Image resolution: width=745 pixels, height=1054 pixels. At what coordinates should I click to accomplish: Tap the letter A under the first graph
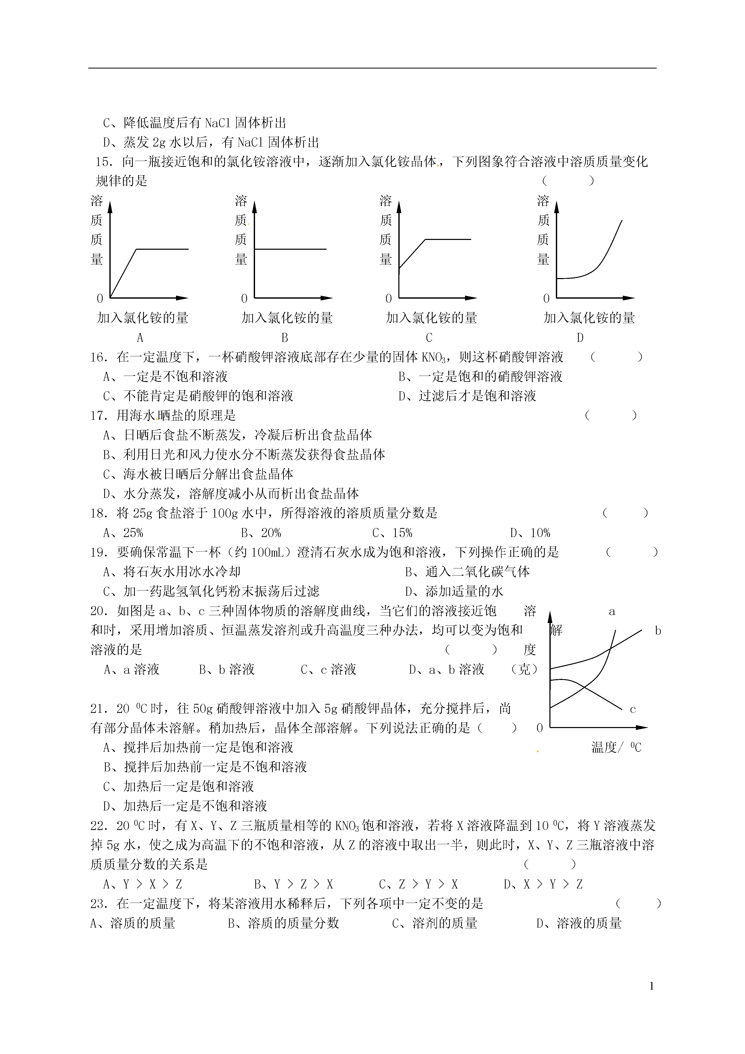click(140, 338)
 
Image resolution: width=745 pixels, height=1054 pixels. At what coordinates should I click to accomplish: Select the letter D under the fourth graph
click(580, 338)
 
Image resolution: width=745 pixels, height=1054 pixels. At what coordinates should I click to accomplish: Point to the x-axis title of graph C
click(431, 318)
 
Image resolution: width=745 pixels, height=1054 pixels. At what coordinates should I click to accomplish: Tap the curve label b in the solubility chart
click(658, 631)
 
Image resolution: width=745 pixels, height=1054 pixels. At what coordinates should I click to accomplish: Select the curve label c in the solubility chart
click(633, 709)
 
